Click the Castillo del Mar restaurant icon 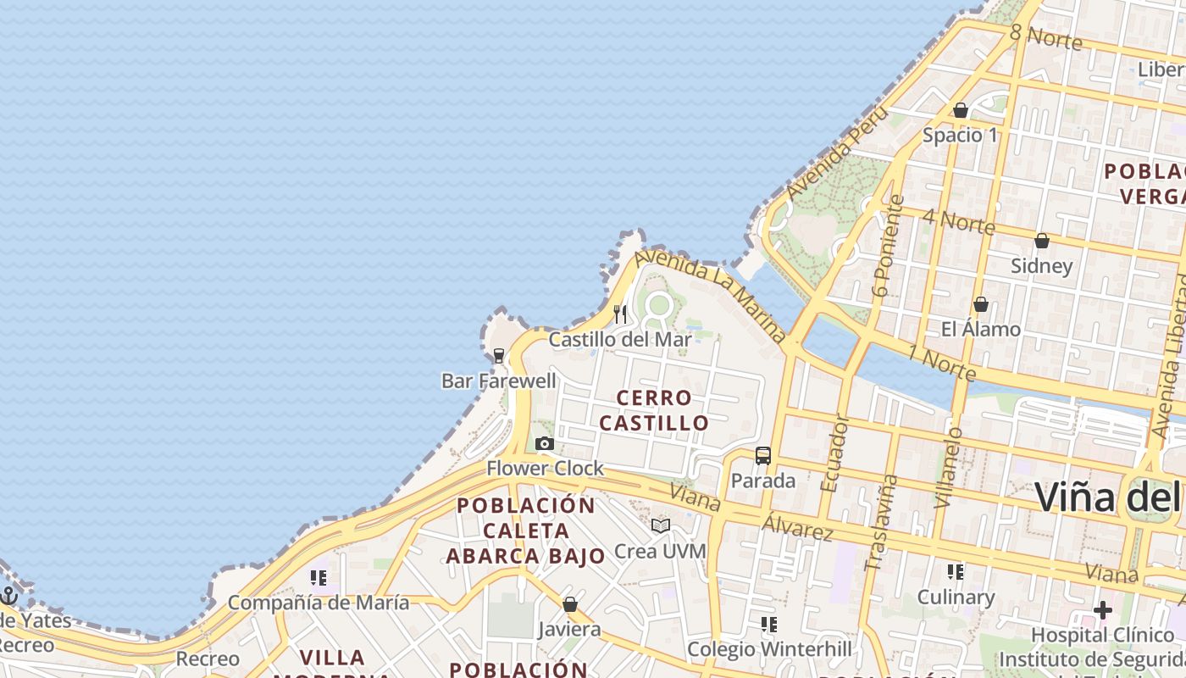pyautogui.click(x=620, y=314)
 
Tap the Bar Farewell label pyautogui.click(x=499, y=381)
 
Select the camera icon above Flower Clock pyautogui.click(x=545, y=443)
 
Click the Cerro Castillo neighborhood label pyautogui.click(x=654, y=410)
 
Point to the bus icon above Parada pyautogui.click(x=762, y=456)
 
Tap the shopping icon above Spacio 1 pyautogui.click(x=961, y=110)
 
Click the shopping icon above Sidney pyautogui.click(x=1042, y=241)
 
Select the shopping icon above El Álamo pyautogui.click(x=981, y=303)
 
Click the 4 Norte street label pyautogui.click(x=959, y=221)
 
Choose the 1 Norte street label pyautogui.click(x=942, y=363)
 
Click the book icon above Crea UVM pyautogui.click(x=661, y=525)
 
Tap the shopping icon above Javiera pyautogui.click(x=570, y=604)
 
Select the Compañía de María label pyautogui.click(x=319, y=603)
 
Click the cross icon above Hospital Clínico pyautogui.click(x=1102, y=610)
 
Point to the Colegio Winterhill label pyautogui.click(x=769, y=649)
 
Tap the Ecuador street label pyautogui.click(x=834, y=453)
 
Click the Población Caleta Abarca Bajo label pyautogui.click(x=526, y=531)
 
